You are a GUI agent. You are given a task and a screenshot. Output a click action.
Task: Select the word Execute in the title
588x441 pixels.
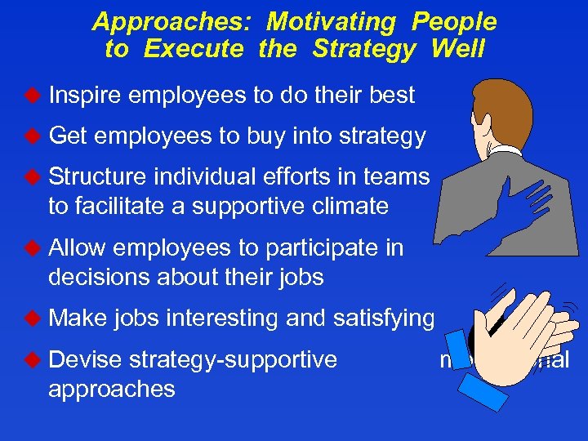pos(193,49)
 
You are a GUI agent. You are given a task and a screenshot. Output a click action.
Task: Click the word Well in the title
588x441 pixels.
pos(457,49)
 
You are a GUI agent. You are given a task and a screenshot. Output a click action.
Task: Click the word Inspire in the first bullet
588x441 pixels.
pos(85,96)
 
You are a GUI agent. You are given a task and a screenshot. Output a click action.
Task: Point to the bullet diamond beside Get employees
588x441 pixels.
pos(33,136)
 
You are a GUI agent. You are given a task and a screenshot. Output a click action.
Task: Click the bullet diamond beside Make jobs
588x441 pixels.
pos(33,318)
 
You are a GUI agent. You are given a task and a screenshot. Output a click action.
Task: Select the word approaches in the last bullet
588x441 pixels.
pos(112,389)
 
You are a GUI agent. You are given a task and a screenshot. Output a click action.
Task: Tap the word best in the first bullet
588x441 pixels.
pos(391,96)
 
